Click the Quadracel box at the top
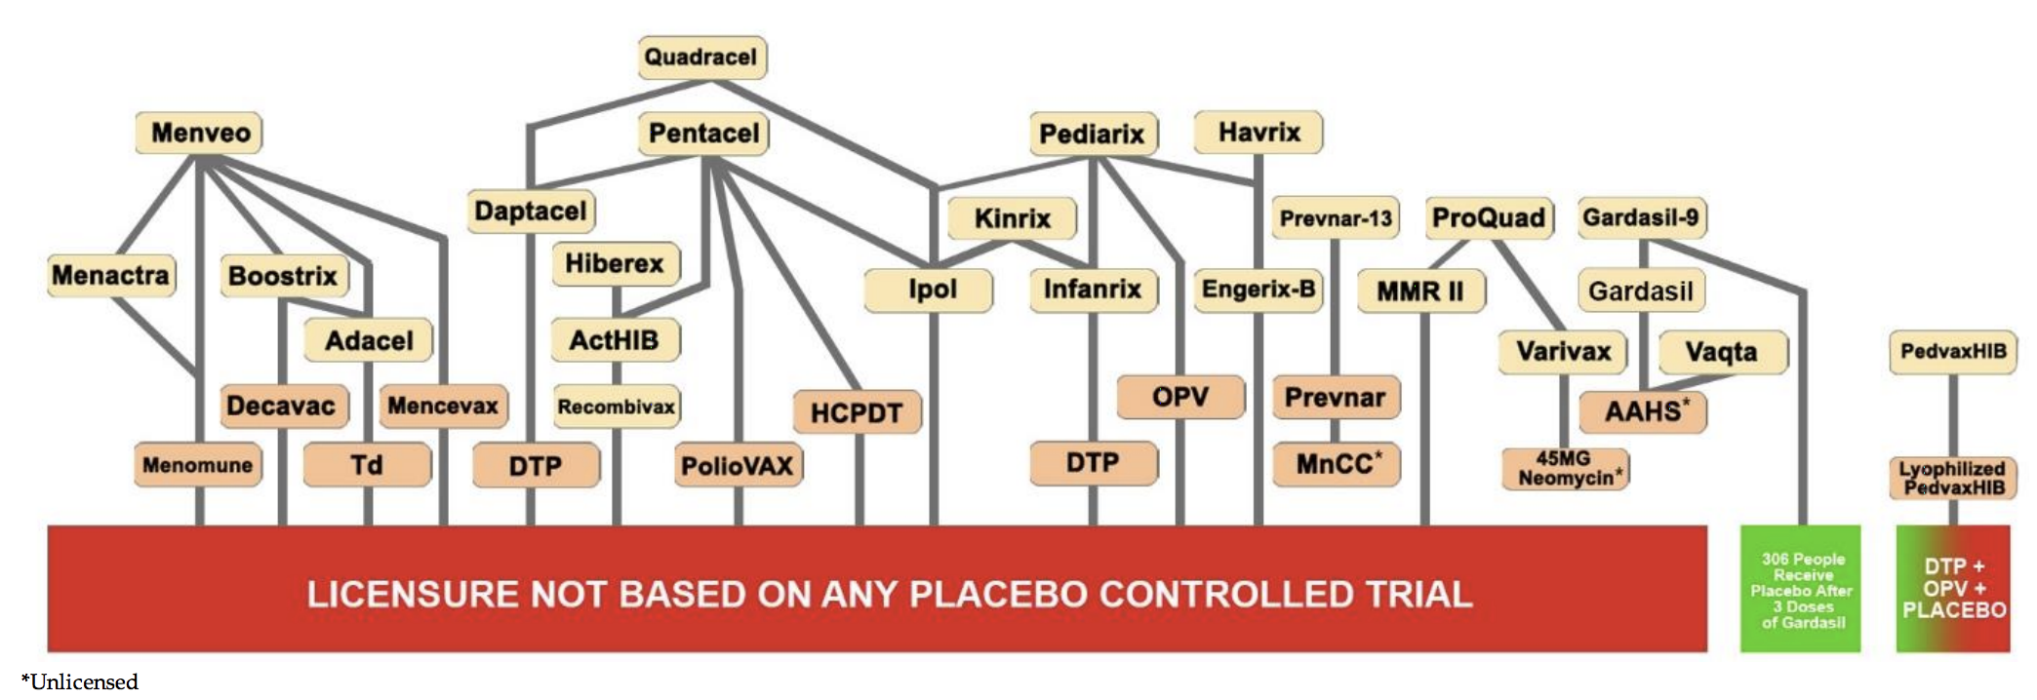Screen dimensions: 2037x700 click(701, 57)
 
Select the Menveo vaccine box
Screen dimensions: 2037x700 click(199, 133)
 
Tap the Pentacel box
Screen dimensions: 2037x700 click(703, 134)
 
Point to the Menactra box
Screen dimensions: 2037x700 click(111, 275)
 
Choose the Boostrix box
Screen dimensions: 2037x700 click(283, 276)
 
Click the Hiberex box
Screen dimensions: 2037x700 click(616, 263)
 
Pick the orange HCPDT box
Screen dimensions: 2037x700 click(857, 412)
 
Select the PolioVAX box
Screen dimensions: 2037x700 click(738, 465)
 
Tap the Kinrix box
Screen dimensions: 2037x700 click(1012, 217)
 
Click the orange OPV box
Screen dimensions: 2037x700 click(1180, 397)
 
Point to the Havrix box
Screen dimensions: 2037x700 click(1258, 132)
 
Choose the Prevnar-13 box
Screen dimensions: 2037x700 click(1336, 217)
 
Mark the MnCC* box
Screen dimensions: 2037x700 click(1337, 463)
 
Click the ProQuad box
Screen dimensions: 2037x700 click(1489, 217)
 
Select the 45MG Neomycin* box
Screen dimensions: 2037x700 click(1565, 468)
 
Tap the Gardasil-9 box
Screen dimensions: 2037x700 click(1642, 216)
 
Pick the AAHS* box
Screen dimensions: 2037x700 click(1643, 410)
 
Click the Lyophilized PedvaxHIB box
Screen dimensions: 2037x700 click(1952, 478)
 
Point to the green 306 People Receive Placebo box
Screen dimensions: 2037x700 click(1801, 589)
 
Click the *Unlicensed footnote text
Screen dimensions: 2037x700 click(80, 681)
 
